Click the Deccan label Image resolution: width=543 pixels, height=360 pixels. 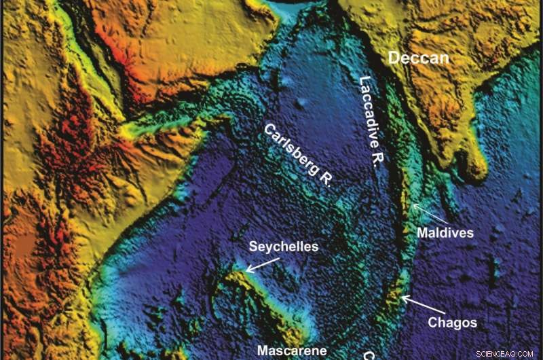pos(418,58)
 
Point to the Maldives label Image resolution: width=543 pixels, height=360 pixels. pos(445,233)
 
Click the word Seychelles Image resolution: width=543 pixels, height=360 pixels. pos(283,247)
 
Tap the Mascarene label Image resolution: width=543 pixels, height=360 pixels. pos(292,351)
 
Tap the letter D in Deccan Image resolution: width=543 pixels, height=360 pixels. pos(394,58)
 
